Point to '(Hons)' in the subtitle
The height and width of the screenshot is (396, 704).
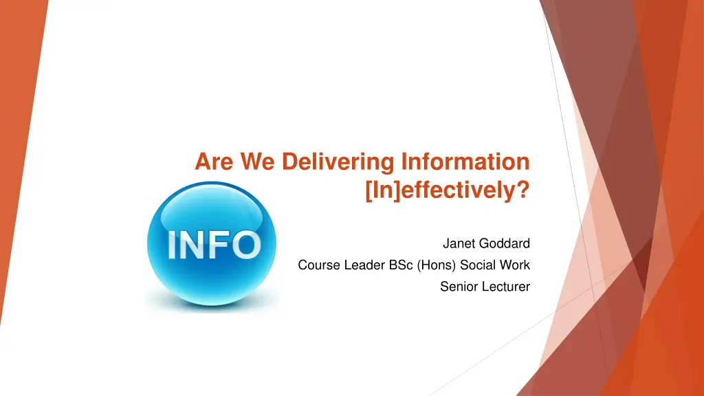pyautogui.click(x=437, y=265)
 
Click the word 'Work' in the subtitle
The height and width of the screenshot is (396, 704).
pyautogui.click(x=516, y=265)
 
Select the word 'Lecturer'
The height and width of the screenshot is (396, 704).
pyautogui.click(x=506, y=287)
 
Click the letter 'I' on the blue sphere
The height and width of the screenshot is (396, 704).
pyautogui.click(x=172, y=245)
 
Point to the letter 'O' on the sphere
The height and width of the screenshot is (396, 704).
pyautogui.click(x=245, y=245)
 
